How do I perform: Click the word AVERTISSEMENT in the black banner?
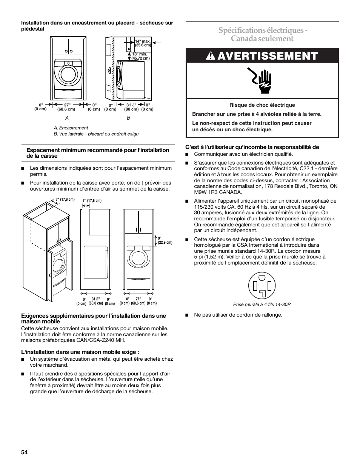[x=268, y=56]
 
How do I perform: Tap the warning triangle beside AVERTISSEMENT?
[x=210, y=56]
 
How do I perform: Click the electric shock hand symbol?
[x=262, y=80]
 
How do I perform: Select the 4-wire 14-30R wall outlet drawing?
[x=262, y=286]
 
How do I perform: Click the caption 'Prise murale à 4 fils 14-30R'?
[x=262, y=305]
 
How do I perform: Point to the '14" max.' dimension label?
[x=143, y=41]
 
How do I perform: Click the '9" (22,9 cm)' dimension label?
[x=165, y=240]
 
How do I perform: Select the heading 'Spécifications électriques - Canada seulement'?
[x=262, y=34]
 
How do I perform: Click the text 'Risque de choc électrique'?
[x=262, y=105]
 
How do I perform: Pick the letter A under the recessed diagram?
[x=68, y=117]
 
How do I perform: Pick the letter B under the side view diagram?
[x=128, y=117]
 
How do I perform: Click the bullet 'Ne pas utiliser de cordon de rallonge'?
[x=238, y=315]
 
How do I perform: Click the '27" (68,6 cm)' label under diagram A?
[x=66, y=107]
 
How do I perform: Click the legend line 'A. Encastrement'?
[x=71, y=128]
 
